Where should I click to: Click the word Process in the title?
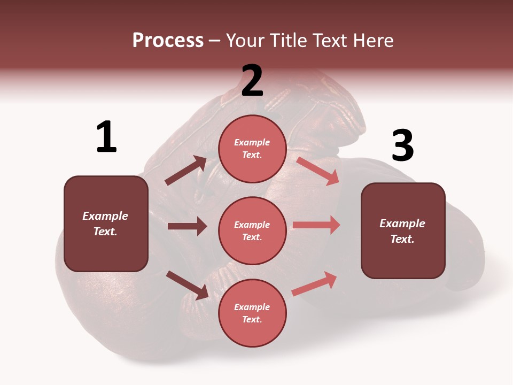pos(168,41)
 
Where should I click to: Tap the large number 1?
pos(106,137)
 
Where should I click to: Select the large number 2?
pos(252,81)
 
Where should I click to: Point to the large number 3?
pos(402,146)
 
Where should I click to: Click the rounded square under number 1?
pos(106,224)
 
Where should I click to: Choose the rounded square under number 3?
pos(403,230)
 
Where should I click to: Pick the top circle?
pos(252,149)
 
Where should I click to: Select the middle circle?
pos(252,230)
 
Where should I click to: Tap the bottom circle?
pos(252,313)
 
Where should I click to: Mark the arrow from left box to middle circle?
pos(187,226)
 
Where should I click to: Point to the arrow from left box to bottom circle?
pos(187,285)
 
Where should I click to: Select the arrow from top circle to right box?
pos(318,171)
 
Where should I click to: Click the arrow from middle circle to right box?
pos(316,225)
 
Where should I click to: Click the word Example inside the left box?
pos(105,216)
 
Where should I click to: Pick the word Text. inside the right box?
pos(402,239)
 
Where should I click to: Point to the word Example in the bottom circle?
pos(252,307)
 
